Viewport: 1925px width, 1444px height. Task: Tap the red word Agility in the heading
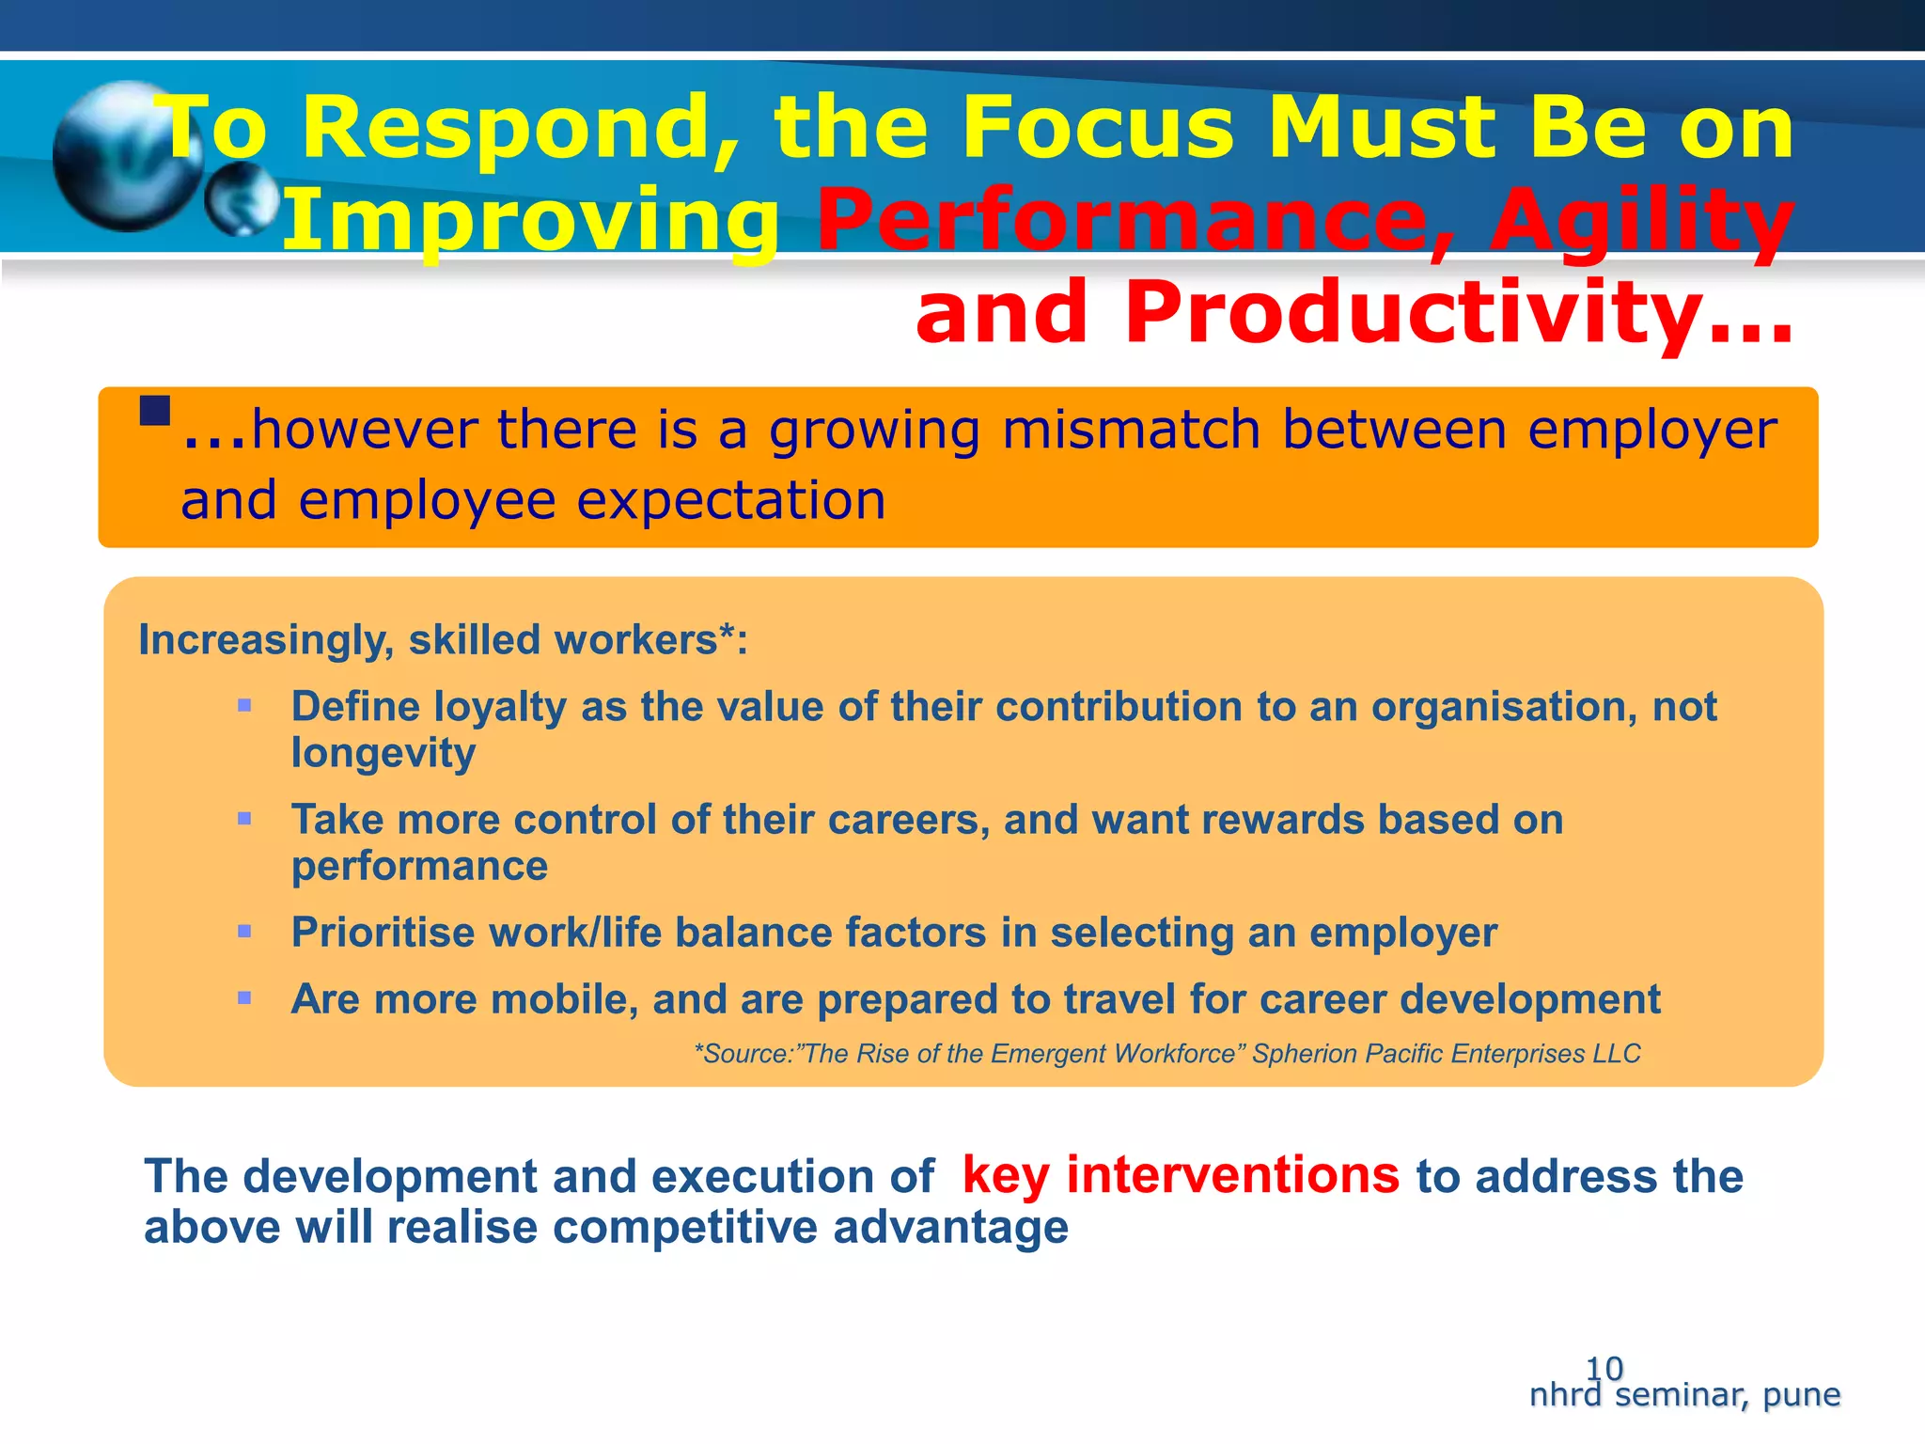(1641, 221)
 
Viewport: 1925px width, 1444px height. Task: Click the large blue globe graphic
(122, 155)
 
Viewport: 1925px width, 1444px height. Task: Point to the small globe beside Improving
(243, 199)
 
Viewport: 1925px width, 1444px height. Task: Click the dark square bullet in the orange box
(155, 411)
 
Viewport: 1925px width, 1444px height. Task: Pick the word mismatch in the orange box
(1131, 430)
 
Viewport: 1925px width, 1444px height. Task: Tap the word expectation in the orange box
(731, 500)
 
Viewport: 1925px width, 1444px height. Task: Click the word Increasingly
(266, 640)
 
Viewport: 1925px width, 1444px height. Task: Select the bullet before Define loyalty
(244, 705)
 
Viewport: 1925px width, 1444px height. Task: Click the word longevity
(383, 753)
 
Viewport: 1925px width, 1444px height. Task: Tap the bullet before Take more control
(244, 819)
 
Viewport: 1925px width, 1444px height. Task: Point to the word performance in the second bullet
(419, 866)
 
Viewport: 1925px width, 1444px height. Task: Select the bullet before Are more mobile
(244, 998)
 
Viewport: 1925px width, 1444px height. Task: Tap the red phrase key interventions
(1181, 1176)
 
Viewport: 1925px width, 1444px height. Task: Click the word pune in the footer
(1801, 1394)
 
